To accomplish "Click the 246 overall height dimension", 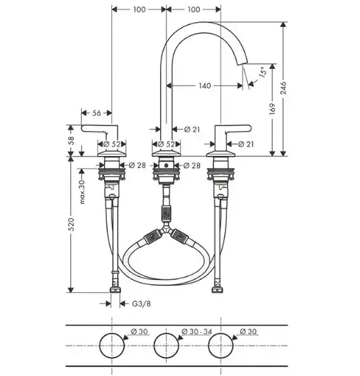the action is (x=284, y=88).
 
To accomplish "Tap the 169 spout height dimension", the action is (x=272, y=109).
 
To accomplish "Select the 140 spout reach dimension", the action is (x=205, y=86).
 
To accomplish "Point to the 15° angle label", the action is (x=263, y=72).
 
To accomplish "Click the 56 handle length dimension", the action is (x=97, y=113).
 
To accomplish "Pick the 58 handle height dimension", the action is (x=71, y=141).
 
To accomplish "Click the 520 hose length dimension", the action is (x=72, y=224).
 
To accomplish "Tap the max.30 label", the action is (x=82, y=192).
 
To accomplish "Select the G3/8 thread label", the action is (x=142, y=304).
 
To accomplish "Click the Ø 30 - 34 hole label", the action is (x=197, y=331).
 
